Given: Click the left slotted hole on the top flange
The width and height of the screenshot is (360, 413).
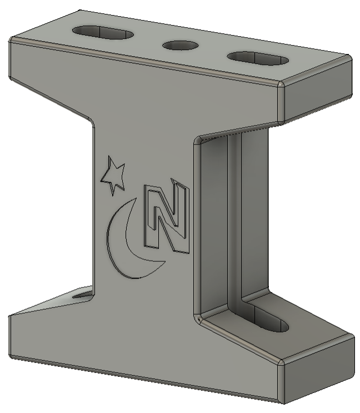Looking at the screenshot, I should point(104,32).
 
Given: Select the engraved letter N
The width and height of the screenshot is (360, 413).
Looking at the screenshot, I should point(166,217).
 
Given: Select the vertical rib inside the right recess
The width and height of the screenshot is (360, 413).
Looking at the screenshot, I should point(235,217).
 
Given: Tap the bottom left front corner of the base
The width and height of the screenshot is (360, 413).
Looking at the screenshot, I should point(10,316).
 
